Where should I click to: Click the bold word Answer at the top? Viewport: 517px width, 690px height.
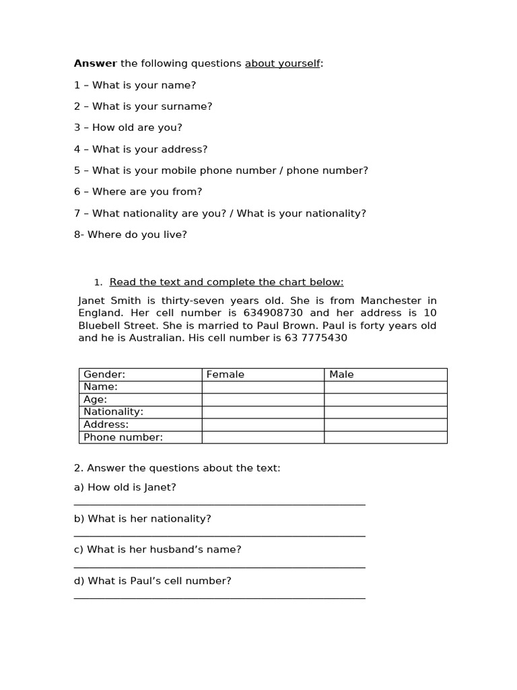tap(95, 64)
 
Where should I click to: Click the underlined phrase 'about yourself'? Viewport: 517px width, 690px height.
tap(282, 64)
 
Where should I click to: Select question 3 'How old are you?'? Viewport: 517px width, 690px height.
tap(128, 127)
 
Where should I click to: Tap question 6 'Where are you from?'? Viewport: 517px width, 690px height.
tap(138, 191)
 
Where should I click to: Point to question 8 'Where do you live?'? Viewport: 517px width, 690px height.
tap(131, 234)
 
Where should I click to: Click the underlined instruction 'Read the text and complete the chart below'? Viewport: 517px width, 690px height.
tap(226, 282)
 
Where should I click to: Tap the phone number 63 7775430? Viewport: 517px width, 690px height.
tap(316, 338)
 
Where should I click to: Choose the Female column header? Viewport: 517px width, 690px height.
tap(226, 375)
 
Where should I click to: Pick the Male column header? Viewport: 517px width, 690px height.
tap(341, 375)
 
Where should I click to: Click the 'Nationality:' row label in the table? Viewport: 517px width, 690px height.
tap(113, 412)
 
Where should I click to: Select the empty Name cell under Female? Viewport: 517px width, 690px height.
tap(263, 387)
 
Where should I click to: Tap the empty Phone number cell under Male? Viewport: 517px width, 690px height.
tap(385, 437)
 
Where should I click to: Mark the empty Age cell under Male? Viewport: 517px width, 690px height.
tap(385, 400)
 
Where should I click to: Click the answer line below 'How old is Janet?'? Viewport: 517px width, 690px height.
tap(219, 503)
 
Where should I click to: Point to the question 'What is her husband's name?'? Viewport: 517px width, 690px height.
tap(158, 549)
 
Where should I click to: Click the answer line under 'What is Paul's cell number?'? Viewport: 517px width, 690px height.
tap(219, 597)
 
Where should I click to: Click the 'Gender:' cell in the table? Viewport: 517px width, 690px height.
tap(104, 375)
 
